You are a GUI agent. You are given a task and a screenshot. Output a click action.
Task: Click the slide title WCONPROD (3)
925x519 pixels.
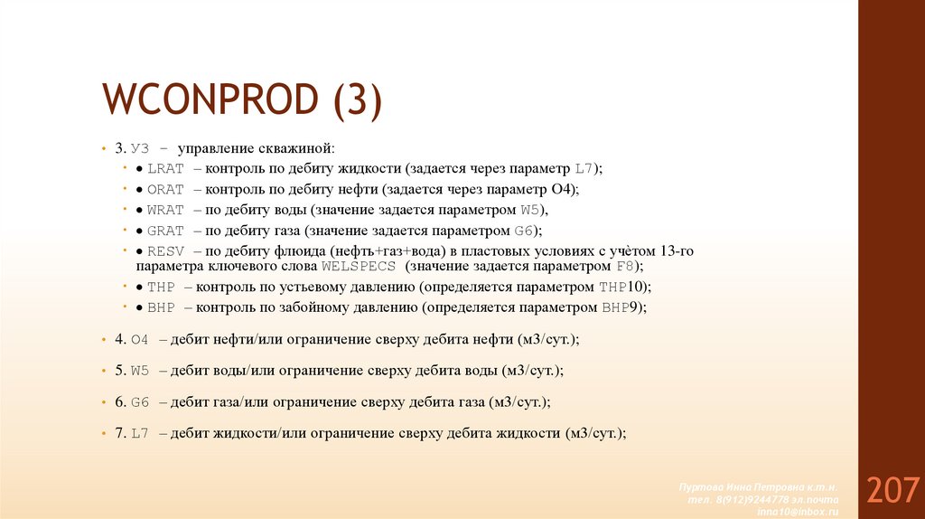point(242,99)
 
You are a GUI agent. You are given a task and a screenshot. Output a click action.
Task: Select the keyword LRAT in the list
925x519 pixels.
point(165,168)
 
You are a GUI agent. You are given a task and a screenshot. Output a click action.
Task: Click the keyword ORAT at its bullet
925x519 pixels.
point(165,189)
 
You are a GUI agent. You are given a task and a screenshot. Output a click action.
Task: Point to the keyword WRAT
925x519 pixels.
point(165,210)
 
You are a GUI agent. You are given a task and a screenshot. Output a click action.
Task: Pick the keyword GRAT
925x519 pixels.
point(165,231)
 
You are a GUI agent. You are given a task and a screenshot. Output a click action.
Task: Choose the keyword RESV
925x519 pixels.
point(165,251)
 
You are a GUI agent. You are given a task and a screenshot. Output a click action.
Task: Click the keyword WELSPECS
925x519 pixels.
point(359,268)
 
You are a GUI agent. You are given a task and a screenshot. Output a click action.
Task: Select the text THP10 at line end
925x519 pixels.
point(623,287)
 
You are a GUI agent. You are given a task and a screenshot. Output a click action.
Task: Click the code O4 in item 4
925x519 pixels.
point(139,339)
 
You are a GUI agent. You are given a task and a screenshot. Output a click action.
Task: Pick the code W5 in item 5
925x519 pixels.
point(139,371)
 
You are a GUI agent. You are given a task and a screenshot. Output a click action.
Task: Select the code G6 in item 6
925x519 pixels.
point(139,401)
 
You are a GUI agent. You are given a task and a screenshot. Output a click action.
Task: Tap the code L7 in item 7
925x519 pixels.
point(139,433)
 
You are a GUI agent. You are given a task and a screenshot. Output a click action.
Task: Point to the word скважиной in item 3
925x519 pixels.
point(299,147)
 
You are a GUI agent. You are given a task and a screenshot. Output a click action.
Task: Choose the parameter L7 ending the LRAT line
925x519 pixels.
point(584,168)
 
